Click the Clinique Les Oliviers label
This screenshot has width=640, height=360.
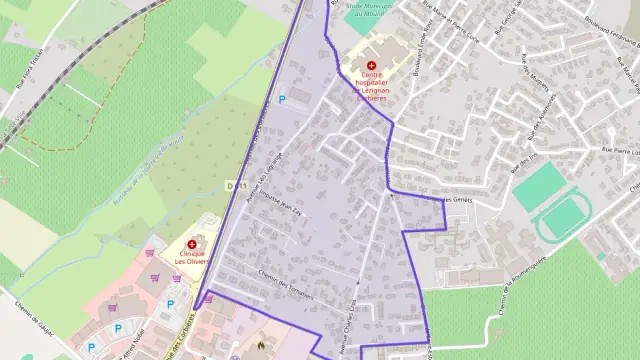coord(191,259)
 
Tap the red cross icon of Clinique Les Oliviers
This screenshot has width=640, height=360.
coord(191,244)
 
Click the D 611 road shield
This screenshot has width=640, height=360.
coord(236,185)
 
